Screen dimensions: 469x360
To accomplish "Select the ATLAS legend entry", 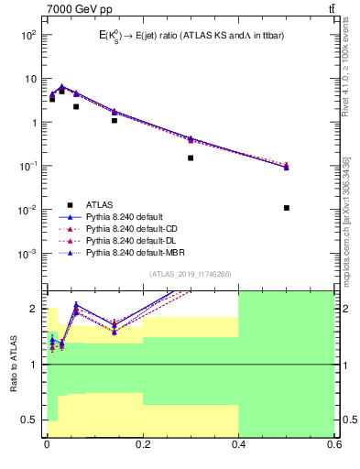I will (100, 204).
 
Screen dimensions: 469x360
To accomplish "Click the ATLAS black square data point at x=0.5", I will (287, 208).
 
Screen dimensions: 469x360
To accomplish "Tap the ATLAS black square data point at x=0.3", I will (191, 158).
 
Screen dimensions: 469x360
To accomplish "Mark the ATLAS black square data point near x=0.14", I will (115, 120).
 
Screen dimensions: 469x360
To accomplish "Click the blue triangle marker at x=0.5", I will (287, 167).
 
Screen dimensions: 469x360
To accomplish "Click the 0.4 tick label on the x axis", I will (238, 446).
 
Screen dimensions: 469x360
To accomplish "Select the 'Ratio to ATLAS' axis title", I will (14, 364).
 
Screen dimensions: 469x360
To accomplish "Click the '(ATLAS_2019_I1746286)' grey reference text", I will (190, 274).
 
